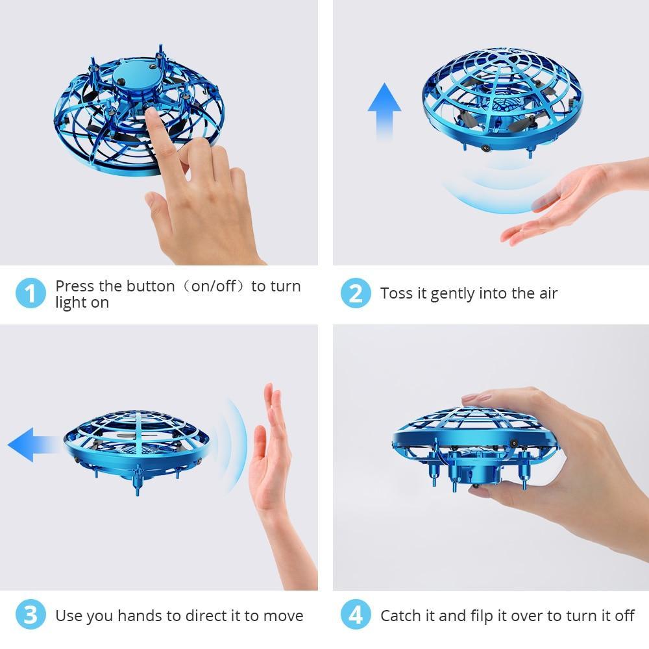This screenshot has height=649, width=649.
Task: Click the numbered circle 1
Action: (x=31, y=294)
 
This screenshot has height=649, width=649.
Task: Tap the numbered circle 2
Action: (x=356, y=294)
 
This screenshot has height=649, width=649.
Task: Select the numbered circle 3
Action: (x=31, y=615)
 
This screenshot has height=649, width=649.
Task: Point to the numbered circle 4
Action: (x=356, y=615)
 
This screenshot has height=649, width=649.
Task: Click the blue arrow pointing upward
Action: (x=384, y=110)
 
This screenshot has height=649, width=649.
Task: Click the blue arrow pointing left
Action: (x=32, y=445)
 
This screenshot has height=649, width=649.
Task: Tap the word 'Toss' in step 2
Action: (x=395, y=294)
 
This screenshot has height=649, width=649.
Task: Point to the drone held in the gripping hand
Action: (x=454, y=448)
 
